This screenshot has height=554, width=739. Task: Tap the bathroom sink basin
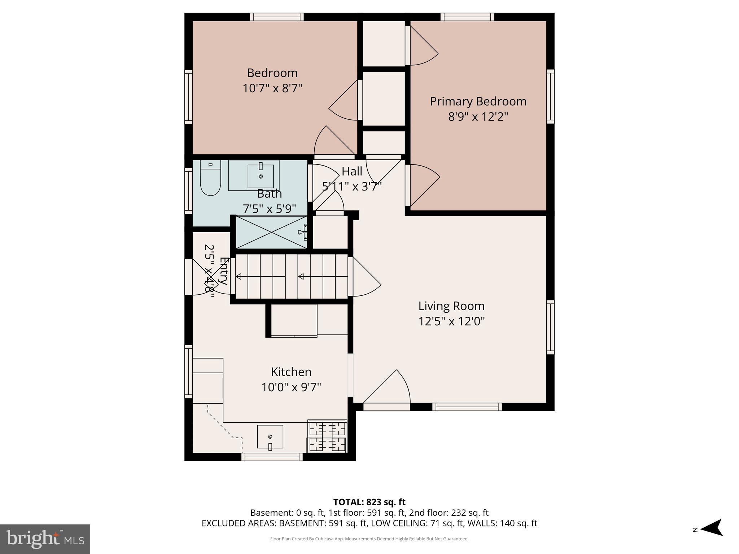(261, 176)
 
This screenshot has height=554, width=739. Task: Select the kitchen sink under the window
(270, 437)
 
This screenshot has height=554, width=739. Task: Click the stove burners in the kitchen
(327, 436)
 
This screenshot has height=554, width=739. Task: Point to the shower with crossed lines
(271, 232)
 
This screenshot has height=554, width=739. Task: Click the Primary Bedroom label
(478, 101)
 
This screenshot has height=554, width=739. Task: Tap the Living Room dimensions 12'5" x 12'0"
(451, 321)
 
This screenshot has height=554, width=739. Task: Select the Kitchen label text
(291, 372)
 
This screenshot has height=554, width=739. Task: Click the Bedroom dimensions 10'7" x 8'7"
(272, 88)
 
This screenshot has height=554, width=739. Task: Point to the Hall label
(352, 171)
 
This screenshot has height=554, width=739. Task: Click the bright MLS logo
(45, 539)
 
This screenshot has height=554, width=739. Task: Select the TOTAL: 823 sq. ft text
(369, 502)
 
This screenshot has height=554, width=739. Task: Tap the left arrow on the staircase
(239, 277)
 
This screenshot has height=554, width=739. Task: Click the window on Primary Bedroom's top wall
(467, 17)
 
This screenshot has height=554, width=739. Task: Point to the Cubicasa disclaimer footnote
(369, 539)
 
